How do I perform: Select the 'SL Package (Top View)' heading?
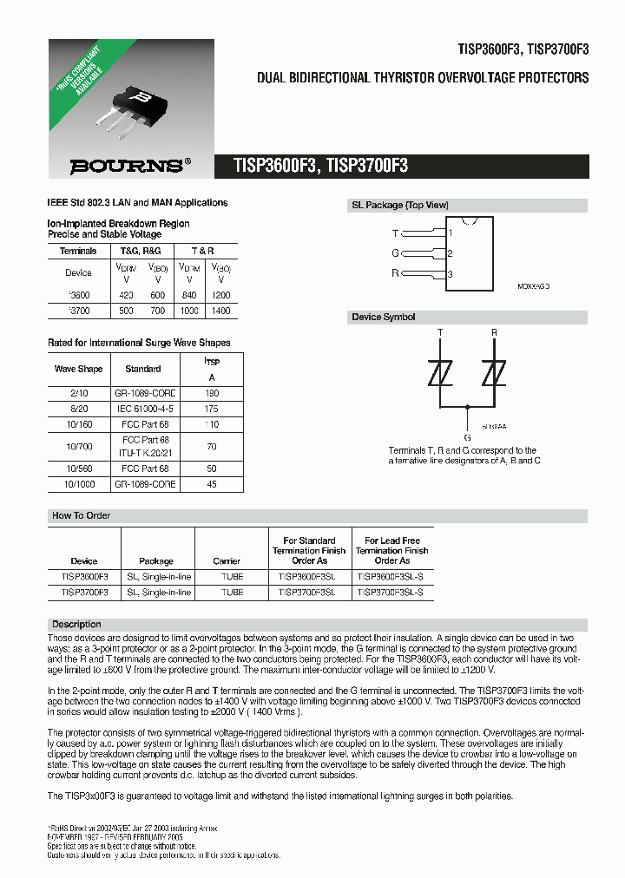[399, 206]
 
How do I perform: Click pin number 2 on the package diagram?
[450, 253]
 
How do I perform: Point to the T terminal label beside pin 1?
[396, 233]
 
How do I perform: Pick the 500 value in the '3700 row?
[126, 310]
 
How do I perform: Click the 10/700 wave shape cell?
[78, 447]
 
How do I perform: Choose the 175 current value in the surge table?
[210, 408]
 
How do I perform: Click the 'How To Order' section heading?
[81, 515]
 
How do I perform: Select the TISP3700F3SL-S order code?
[391, 592]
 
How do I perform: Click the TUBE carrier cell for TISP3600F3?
[232, 576]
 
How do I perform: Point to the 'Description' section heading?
[76, 625]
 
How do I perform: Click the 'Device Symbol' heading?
[383, 318]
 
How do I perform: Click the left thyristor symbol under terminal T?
[441, 374]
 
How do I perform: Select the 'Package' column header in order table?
[156, 560]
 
